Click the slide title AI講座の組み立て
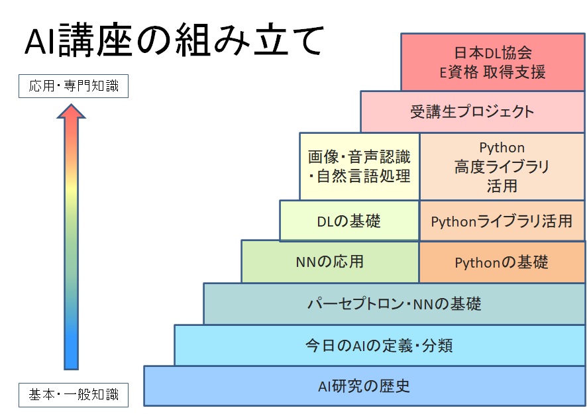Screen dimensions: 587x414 tap(174, 40)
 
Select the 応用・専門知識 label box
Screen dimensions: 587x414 tap(74, 86)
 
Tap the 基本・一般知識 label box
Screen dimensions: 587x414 tap(74, 395)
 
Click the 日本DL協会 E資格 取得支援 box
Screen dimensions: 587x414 tap(493, 62)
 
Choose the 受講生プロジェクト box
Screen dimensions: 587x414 tap(472, 111)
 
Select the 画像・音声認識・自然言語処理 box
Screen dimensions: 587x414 tap(359, 166)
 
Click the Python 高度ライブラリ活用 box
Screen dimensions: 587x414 tap(502, 166)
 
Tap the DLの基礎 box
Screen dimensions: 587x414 tap(349, 221)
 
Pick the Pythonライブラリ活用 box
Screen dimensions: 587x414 tap(502, 221)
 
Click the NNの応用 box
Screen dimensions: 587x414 tap(330, 261)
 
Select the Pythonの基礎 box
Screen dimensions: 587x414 tap(502, 261)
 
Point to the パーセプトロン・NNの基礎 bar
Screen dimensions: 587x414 tap(394, 303)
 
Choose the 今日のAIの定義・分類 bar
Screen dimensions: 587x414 tap(380, 345)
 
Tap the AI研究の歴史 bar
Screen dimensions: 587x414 tap(364, 386)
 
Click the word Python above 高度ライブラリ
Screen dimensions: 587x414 tap(502, 148)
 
